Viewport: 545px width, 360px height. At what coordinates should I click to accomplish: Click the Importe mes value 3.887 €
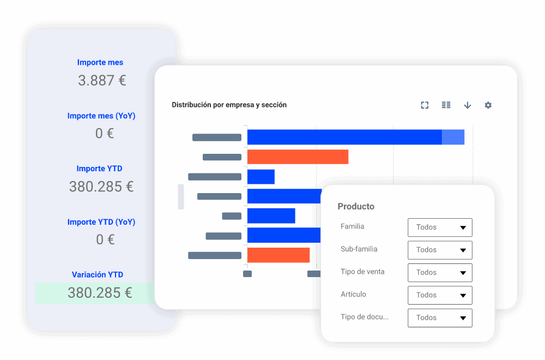point(102,81)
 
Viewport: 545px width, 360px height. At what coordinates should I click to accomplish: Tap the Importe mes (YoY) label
point(101,116)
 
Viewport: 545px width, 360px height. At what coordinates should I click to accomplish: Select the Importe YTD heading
point(99,169)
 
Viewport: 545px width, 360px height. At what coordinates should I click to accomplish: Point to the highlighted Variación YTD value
point(100,293)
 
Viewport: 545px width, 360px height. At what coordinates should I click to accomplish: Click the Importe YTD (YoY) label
point(101,222)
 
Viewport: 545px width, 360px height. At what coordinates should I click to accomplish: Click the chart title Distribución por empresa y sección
point(229,105)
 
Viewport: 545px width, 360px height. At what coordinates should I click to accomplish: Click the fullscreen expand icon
point(425,105)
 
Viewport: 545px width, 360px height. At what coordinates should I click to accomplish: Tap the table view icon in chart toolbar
point(446,105)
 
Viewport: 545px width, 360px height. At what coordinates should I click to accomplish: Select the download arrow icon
point(467,105)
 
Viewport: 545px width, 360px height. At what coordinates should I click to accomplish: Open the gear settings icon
point(488,105)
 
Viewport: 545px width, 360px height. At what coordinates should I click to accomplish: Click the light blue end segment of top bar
point(453,137)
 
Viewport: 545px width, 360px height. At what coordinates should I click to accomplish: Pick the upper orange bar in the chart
point(298,157)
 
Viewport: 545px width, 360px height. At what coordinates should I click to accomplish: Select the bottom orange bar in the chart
point(278,255)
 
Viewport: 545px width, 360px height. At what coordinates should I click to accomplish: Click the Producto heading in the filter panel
point(356,206)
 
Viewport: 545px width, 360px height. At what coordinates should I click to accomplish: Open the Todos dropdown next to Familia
point(439,227)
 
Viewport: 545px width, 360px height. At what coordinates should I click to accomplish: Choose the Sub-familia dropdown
point(439,250)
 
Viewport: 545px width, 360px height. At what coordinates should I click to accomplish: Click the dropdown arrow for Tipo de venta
point(463,273)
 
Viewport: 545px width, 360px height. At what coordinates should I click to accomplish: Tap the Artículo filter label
point(353,295)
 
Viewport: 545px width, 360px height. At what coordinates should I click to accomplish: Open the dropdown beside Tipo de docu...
point(439,318)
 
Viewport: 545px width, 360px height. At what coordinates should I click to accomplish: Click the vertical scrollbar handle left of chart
point(181,196)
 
